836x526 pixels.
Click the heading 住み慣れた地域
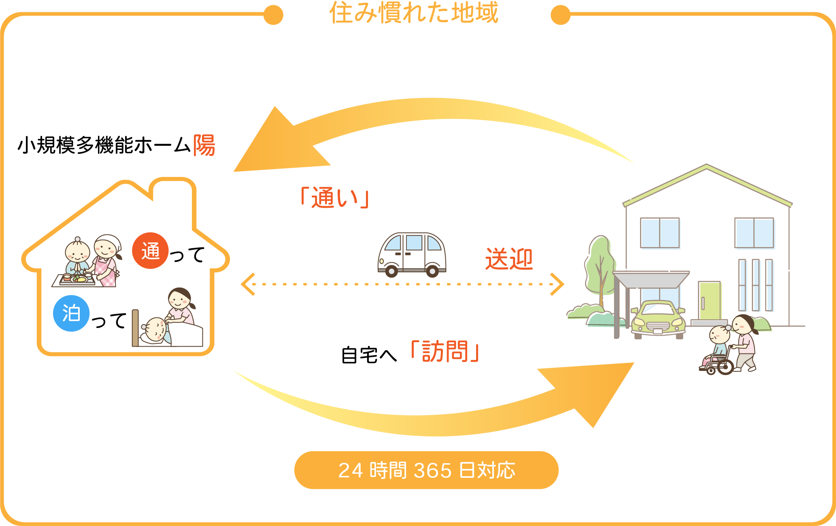coord(414,13)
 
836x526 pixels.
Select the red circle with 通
coord(150,251)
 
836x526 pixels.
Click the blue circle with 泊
coord(71,313)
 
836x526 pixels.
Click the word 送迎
coord(509,259)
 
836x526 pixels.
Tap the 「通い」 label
coord(334,198)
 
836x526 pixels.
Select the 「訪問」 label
coord(445,351)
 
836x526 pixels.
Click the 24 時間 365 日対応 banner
coord(426,470)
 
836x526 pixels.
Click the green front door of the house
coord(709,300)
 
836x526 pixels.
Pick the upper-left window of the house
coord(659,233)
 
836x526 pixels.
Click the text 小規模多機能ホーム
coord(104,145)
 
